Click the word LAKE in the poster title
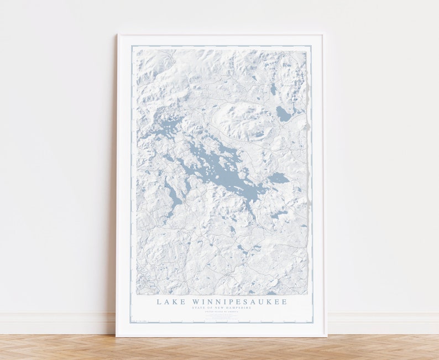click(x=168, y=302)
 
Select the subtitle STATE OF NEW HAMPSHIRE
click(x=221, y=308)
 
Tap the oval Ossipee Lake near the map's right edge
click(x=283, y=114)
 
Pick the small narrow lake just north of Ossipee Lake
click(x=273, y=88)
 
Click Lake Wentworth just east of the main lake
click(x=278, y=178)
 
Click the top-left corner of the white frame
click(x=118, y=35)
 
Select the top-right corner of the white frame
click(x=323, y=35)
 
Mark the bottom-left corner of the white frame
click(x=117, y=335)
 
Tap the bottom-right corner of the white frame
click(x=326, y=335)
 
